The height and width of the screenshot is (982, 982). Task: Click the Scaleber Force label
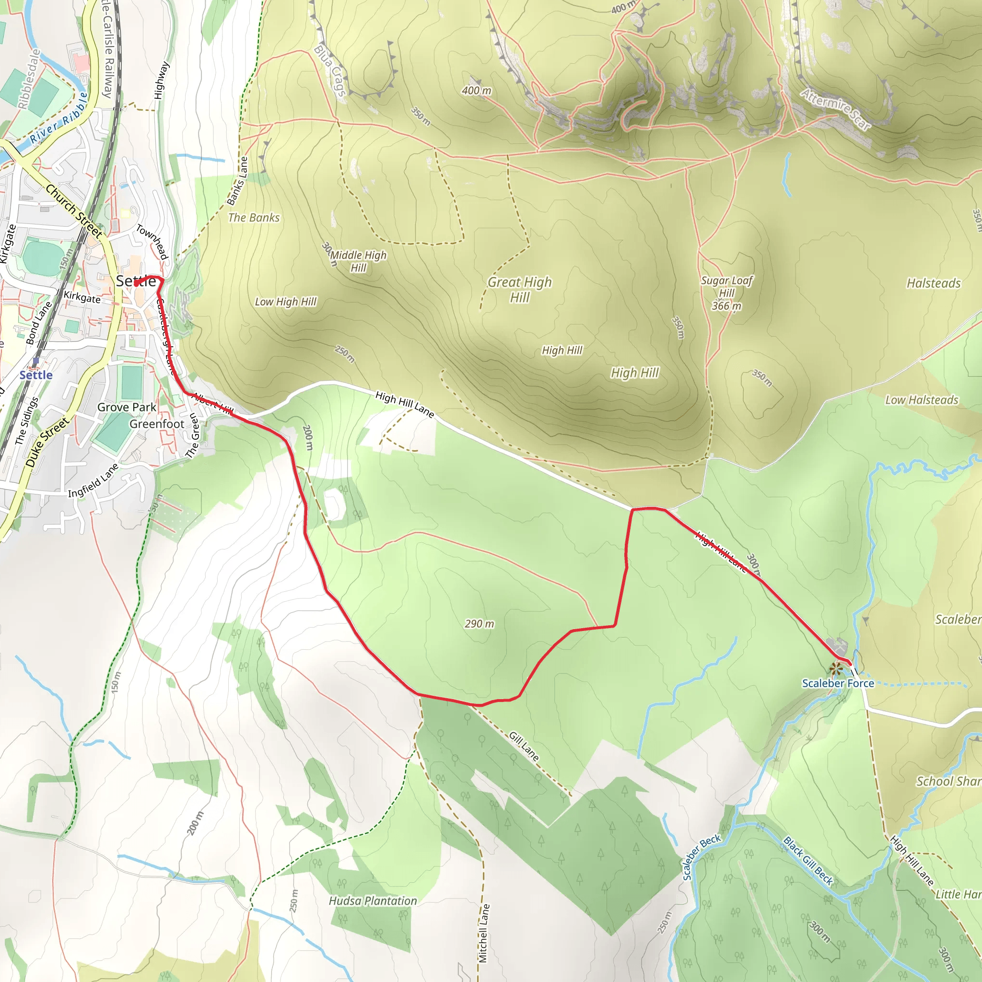(x=838, y=684)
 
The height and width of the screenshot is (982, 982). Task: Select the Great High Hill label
(x=519, y=289)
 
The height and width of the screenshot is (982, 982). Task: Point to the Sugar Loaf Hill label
(x=726, y=293)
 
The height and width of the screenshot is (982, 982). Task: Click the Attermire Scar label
(x=836, y=109)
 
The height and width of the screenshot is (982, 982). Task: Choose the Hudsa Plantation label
(x=373, y=901)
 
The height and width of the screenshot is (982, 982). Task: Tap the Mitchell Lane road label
(x=483, y=933)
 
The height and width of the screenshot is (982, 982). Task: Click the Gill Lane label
(x=524, y=746)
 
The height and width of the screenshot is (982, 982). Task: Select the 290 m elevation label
(x=479, y=624)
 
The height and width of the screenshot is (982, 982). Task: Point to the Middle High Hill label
(x=358, y=261)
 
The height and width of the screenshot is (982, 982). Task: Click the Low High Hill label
(x=286, y=302)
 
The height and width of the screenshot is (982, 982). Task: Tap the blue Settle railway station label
(x=35, y=375)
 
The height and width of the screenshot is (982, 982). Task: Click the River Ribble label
(x=58, y=118)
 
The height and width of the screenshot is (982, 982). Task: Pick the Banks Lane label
(x=237, y=181)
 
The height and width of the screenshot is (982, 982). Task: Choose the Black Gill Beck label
(x=808, y=861)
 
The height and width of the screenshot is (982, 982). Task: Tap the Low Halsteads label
(x=922, y=400)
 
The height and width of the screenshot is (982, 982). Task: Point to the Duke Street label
(x=47, y=441)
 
